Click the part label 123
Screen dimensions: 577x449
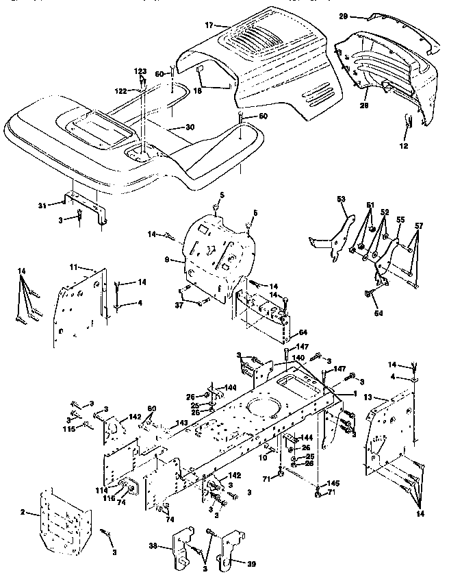140,71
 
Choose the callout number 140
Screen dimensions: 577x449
298,357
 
